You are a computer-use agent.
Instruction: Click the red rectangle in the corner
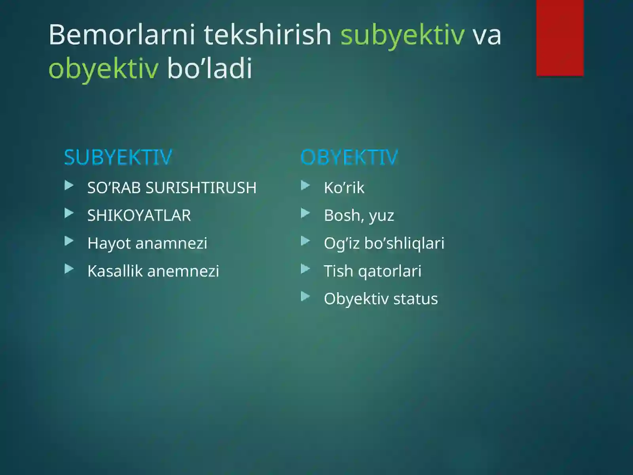[x=559, y=38]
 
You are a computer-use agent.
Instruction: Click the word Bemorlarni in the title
[x=122, y=35]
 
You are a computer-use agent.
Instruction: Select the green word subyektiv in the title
[x=402, y=35]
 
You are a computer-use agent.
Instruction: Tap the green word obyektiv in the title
[x=103, y=68]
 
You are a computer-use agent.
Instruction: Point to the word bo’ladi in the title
[x=210, y=68]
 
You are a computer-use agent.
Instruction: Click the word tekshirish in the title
[x=267, y=35]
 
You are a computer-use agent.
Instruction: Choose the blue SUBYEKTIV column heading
[x=118, y=158]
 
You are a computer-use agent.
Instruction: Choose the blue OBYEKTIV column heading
[x=349, y=158]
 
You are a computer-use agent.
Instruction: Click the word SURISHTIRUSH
[x=201, y=188]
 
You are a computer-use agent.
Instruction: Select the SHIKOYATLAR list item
[x=139, y=216]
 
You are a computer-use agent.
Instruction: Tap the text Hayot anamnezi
[x=147, y=243]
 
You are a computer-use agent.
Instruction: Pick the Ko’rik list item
[x=344, y=188]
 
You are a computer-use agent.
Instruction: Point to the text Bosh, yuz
[x=359, y=216]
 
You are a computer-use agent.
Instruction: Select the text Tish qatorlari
[x=372, y=271]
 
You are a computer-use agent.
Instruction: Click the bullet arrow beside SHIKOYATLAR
[x=69, y=214]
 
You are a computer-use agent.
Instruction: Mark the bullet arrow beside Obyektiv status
[x=305, y=296]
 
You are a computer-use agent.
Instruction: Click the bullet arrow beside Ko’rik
[x=305, y=185]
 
